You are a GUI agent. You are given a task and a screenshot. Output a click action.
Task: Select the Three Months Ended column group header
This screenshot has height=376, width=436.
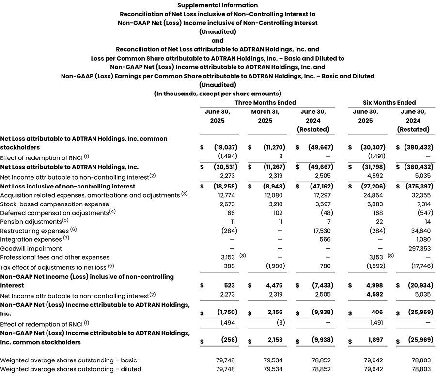click(x=265, y=103)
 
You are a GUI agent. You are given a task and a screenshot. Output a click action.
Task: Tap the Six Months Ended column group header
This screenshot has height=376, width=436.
click(x=389, y=103)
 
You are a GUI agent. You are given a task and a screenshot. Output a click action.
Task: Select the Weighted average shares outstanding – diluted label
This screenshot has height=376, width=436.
click(x=71, y=369)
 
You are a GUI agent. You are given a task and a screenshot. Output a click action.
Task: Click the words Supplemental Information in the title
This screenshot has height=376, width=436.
click(x=218, y=5)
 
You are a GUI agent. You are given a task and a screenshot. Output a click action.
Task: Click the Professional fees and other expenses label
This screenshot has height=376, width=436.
click(x=55, y=257)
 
